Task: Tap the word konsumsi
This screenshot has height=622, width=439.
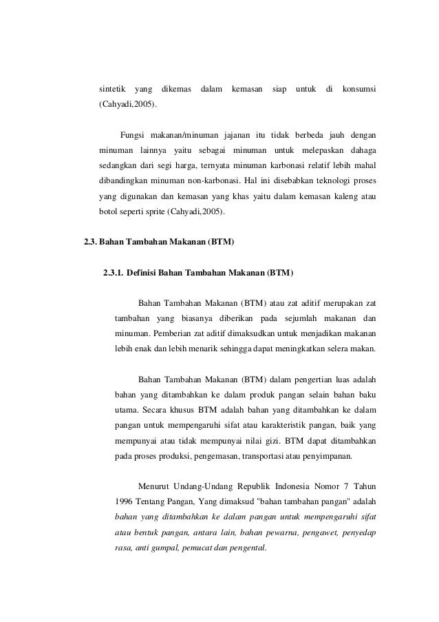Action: tap(359, 90)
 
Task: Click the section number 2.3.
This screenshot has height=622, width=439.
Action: tap(90, 242)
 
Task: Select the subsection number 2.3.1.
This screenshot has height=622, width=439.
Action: tap(115, 273)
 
